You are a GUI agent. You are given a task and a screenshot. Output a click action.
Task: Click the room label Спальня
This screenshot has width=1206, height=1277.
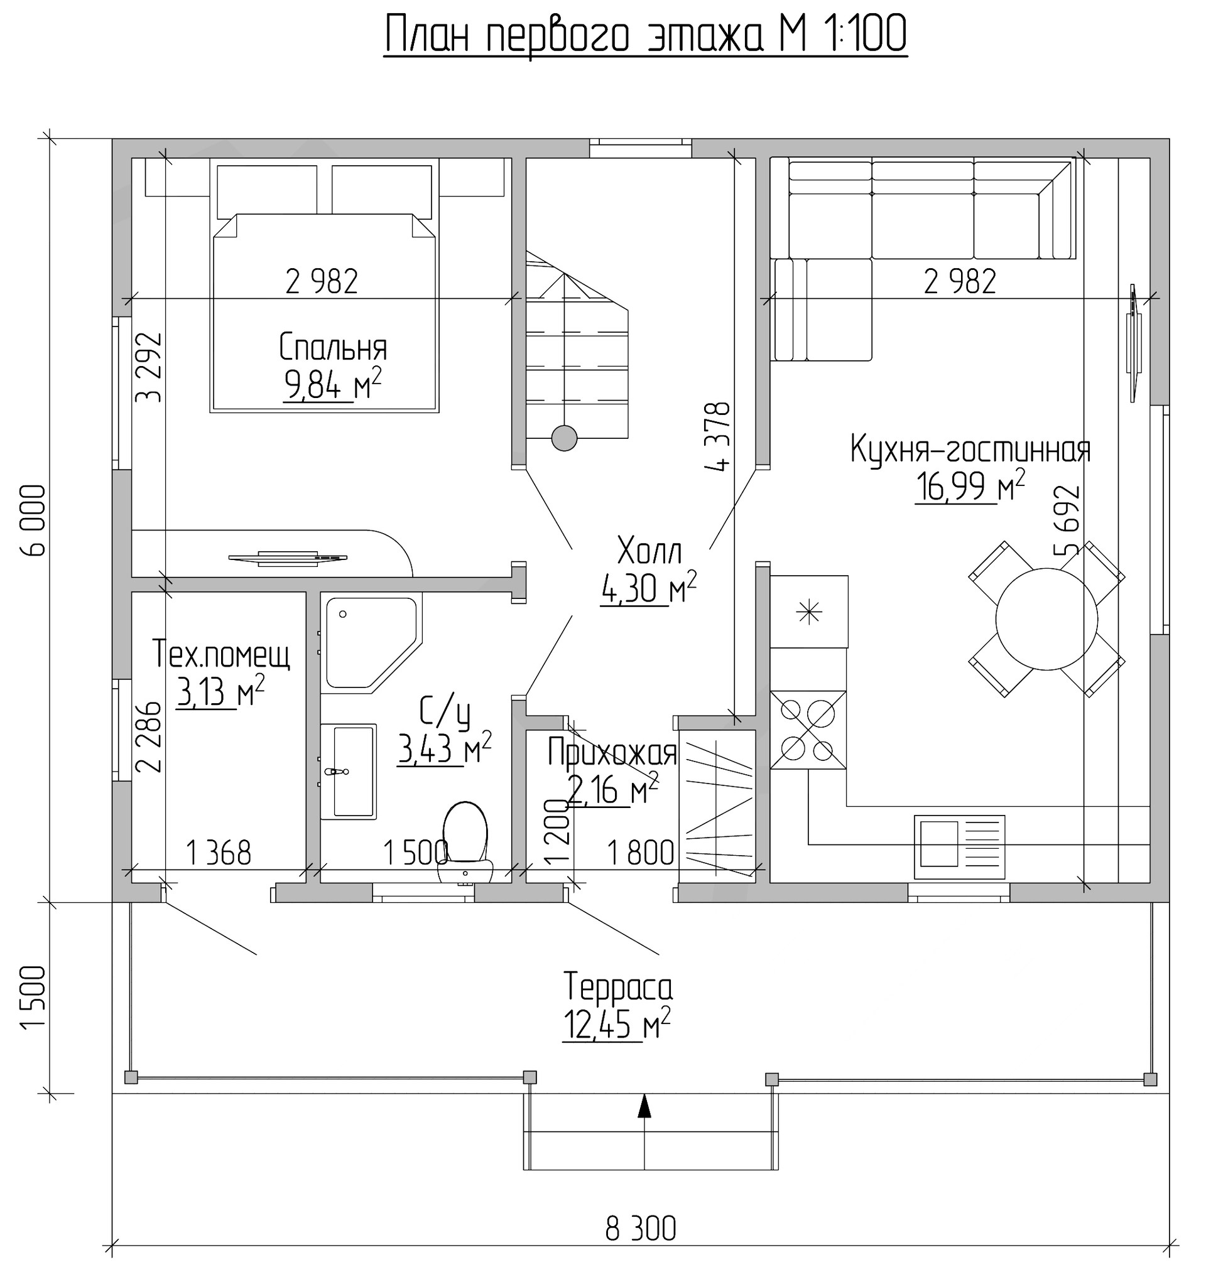333,348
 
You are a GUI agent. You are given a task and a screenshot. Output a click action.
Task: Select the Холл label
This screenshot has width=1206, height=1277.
649,551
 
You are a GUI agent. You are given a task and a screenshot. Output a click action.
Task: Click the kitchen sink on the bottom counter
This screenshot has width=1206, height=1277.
959,847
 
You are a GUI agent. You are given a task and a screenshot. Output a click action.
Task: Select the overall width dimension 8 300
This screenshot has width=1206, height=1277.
640,1229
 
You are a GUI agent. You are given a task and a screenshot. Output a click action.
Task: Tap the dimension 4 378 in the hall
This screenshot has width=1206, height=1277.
718,438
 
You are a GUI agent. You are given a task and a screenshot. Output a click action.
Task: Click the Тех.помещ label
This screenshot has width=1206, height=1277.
221,655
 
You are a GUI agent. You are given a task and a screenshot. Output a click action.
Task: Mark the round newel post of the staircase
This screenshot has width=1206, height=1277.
565,438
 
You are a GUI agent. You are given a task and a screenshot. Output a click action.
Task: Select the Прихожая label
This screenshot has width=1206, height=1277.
612,753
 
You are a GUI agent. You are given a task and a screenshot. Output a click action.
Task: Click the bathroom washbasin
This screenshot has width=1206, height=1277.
348,771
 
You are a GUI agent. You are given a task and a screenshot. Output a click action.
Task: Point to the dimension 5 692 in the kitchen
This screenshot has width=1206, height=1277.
1067,520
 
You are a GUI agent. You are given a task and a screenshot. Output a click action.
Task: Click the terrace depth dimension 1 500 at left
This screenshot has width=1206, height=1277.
33,998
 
